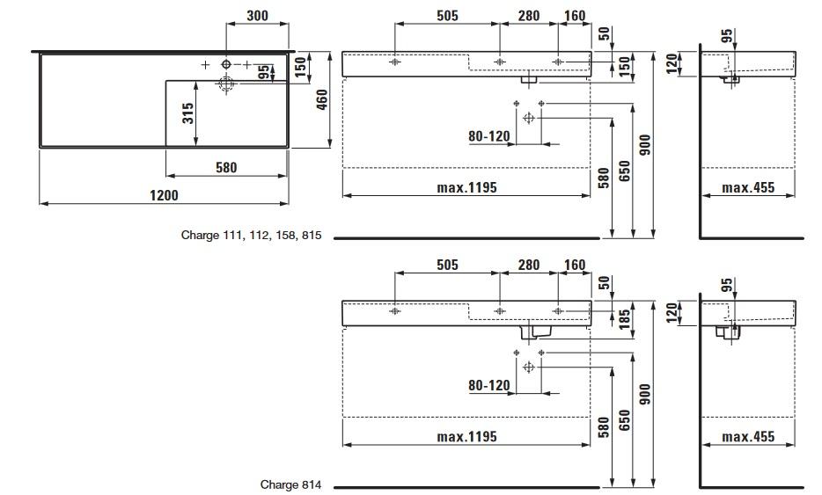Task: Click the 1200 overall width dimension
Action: coord(165,195)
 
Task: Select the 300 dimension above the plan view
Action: coord(257,16)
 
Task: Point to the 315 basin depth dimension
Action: coord(188,113)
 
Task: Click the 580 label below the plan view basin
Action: coord(226,167)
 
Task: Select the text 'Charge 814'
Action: coord(290,484)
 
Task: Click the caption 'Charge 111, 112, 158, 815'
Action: coord(251,235)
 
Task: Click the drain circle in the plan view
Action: coord(226,84)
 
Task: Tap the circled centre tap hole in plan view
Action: coord(226,64)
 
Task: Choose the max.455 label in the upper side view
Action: coord(748,187)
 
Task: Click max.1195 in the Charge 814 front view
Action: coord(466,436)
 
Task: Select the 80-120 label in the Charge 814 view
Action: coord(489,385)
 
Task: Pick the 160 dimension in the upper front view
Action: coord(574,16)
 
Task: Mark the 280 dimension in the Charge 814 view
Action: coord(528,265)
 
